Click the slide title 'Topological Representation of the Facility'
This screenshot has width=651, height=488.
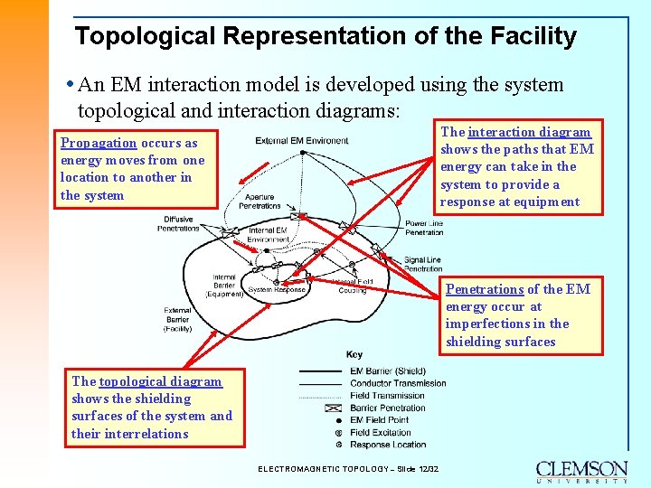pyautogui.click(x=325, y=36)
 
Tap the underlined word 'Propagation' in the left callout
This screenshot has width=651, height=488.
pyautogui.click(x=99, y=143)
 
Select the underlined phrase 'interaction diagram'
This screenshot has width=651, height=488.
pyautogui.click(x=529, y=132)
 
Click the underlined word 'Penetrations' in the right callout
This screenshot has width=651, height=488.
pyautogui.click(x=485, y=289)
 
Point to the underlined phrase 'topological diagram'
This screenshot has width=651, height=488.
pyautogui.click(x=160, y=381)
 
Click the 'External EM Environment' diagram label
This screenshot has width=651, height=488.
pyautogui.click(x=302, y=141)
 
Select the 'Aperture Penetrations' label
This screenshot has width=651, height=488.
pyautogui.click(x=259, y=201)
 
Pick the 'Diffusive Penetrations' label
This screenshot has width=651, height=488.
pyautogui.click(x=178, y=223)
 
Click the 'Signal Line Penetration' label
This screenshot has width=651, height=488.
pyautogui.click(x=423, y=264)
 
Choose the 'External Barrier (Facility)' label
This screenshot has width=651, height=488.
pyautogui.click(x=177, y=319)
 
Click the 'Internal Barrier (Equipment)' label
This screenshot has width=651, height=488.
pyautogui.click(x=223, y=285)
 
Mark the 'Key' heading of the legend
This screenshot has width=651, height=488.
pyautogui.click(x=354, y=354)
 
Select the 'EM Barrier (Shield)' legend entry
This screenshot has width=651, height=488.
pyautogui.click(x=388, y=371)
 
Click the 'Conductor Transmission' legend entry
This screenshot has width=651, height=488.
pyautogui.click(x=397, y=383)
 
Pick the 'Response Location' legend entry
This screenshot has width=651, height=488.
pyautogui.click(x=389, y=444)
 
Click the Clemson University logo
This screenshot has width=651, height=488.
pyautogui.click(x=581, y=472)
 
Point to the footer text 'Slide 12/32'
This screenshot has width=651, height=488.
pyautogui.click(x=415, y=469)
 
